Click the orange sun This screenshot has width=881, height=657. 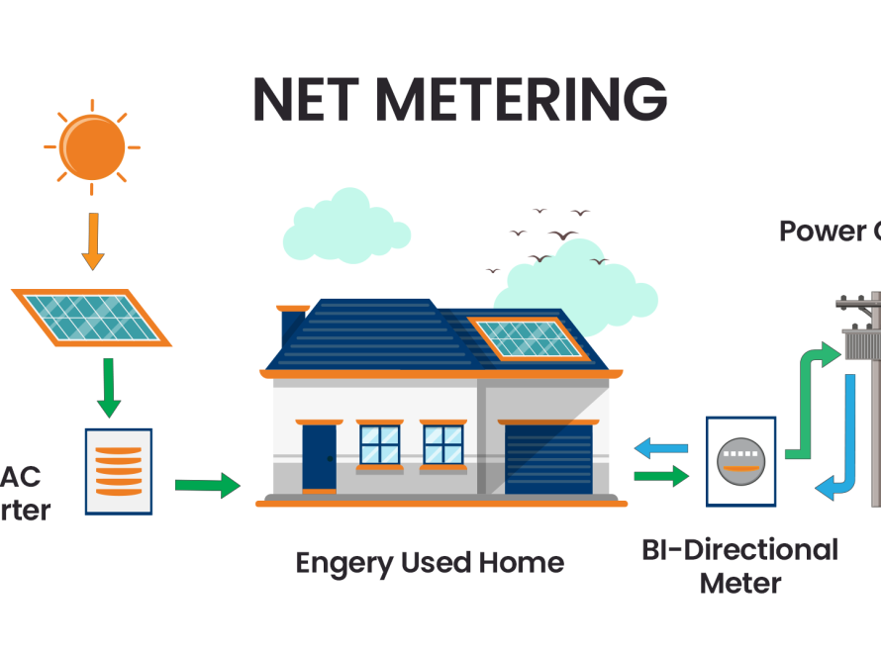[92, 147]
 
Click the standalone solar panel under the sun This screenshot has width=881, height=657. [91, 316]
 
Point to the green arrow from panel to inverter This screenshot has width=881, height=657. [108, 387]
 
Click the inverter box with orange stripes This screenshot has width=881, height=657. [119, 471]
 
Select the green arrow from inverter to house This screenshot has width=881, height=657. [207, 485]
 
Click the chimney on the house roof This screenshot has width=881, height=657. [293, 326]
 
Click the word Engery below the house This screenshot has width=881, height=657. [343, 563]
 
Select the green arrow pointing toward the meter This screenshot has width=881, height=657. [661, 477]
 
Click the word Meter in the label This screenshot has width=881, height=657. [739, 583]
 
